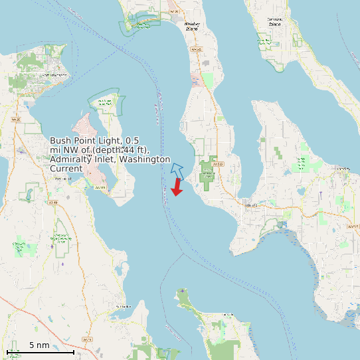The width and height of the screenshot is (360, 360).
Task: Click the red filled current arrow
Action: (177, 187)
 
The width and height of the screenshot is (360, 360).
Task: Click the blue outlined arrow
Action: (177, 170)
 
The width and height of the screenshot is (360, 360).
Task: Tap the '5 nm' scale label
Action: (39, 345)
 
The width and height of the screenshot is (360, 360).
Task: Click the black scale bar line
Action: (40, 352)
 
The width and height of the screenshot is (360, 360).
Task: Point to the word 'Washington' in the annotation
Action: (141, 159)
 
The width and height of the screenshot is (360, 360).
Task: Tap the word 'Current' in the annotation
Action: (66, 169)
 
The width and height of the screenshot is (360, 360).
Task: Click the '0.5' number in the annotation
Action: (132, 141)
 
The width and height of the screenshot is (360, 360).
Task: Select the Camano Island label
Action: (275, 21)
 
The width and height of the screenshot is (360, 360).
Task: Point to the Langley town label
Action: (343, 169)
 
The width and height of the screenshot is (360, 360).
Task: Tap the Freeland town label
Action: (250, 205)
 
